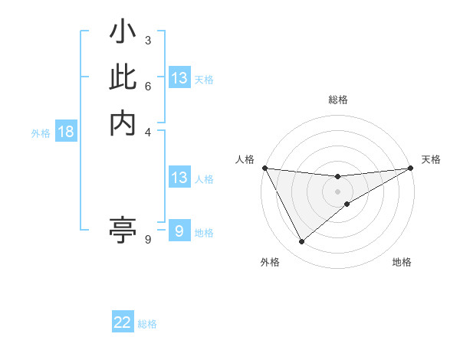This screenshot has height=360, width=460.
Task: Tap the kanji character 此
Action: [123, 77]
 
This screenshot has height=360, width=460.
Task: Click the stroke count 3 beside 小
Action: [147, 40]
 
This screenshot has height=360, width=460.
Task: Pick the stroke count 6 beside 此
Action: [147, 86]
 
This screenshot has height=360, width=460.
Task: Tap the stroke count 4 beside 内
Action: [147, 131]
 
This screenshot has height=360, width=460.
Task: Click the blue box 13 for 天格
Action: [179, 78]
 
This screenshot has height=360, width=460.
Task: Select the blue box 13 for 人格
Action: [179, 178]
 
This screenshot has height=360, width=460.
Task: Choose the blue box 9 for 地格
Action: [179, 231]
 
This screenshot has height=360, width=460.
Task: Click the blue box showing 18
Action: [66, 132]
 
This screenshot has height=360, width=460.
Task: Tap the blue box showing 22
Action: [123, 322]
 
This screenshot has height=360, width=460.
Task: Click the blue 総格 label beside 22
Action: [147, 324]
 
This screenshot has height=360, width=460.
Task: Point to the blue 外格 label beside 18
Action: [41, 133]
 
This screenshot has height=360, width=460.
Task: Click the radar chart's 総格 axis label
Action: [338, 100]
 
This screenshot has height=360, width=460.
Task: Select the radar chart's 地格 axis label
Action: [402, 262]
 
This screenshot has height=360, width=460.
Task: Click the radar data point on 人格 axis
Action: [264, 168]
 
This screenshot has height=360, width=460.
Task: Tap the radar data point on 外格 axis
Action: [301, 242]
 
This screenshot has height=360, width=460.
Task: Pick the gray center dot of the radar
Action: [338, 191]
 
